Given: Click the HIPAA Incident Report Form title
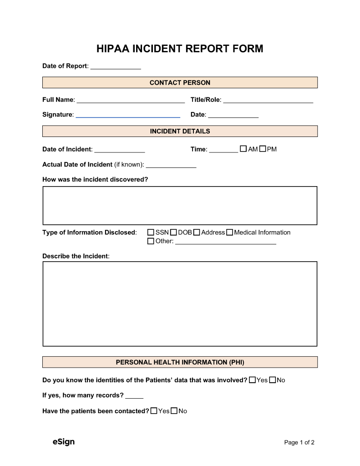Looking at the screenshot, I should coord(180,49).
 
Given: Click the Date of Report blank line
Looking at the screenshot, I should coord(116,67).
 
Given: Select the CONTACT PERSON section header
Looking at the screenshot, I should coord(180,82).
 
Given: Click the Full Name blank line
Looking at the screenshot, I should coord(131,101).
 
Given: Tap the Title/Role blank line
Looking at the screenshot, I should coord(268,101).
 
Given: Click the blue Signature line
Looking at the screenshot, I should coord(128,116).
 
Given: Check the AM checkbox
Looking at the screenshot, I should coord(243,149).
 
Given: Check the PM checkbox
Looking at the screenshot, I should coord(263,149).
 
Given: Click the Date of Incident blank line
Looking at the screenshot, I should coord(119,150).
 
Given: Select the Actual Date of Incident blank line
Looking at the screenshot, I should coord(171,166).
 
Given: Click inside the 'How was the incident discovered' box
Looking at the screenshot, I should coord(180,205).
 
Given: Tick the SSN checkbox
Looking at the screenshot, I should coord(151,232).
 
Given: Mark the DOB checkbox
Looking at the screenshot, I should coord(173,232).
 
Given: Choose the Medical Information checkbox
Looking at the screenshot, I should coord(229,232).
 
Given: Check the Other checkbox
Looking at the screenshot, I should coord(151,241).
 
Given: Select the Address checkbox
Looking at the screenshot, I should coord(197,232).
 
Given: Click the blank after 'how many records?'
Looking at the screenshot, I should coord(134,396).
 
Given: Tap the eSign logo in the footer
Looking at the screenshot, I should coord(63,442).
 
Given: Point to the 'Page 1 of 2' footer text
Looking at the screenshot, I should coord(299,442).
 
